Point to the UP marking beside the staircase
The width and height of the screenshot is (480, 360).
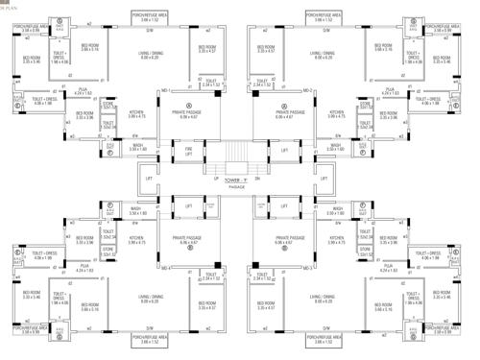coord(205,164)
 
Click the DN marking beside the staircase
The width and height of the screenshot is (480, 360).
coord(258,164)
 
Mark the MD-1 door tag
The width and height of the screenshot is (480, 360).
coord(166,90)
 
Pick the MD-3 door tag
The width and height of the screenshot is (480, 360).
coord(166,269)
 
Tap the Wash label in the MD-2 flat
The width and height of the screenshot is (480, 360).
coord(335,146)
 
